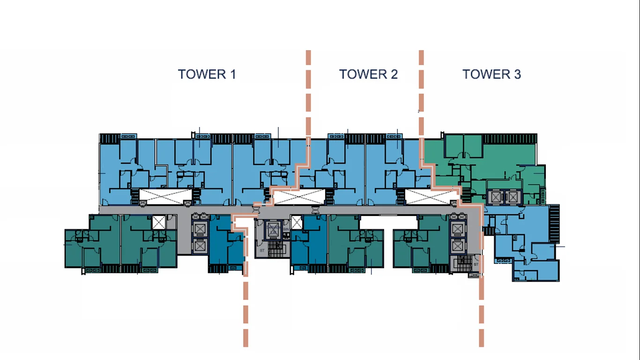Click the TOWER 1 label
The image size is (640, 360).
coord(207,74)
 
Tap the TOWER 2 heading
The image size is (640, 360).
coord(368,74)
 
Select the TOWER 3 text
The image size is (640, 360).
coord(491,74)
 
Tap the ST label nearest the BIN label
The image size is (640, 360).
coord(262,251)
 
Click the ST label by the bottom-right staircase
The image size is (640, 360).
coord(476,264)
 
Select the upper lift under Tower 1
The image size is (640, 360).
coord(200,229)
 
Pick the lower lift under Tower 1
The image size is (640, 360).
coord(200,246)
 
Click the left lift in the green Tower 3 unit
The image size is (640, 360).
coord(495,197)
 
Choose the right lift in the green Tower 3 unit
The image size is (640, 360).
coord(513,197)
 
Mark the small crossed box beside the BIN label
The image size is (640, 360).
coord(297,222)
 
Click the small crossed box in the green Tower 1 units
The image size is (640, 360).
coord(159,222)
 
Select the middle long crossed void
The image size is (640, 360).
coord(298,197)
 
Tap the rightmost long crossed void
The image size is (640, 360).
coord(430,196)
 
